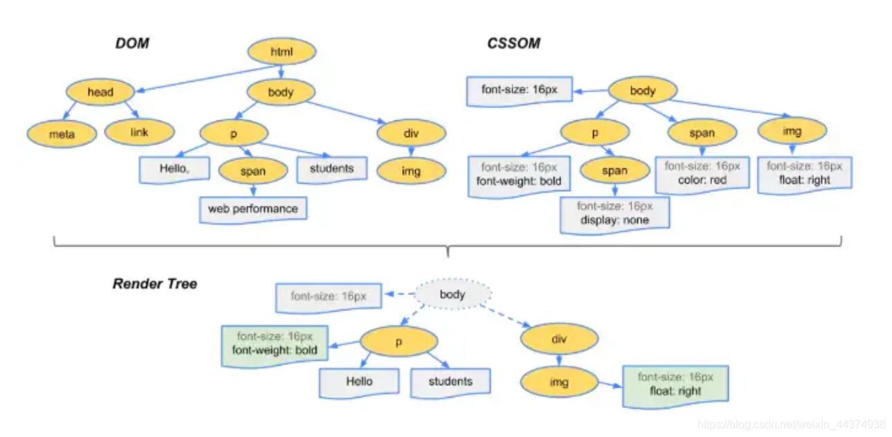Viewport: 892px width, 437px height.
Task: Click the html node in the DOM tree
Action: [x=282, y=52]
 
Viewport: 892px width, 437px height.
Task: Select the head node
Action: [x=100, y=92]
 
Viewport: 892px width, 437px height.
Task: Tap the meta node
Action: [x=62, y=133]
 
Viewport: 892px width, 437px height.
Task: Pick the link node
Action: [x=139, y=132]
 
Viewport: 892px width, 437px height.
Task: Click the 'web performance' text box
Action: [x=253, y=209]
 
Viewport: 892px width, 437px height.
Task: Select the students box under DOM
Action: [x=331, y=169]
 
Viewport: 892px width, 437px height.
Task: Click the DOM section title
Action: [x=131, y=44]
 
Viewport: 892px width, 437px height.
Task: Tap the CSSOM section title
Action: [x=513, y=44]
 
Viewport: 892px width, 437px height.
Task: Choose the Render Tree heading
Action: [x=155, y=283]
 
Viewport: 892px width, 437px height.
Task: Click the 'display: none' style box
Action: [x=615, y=213]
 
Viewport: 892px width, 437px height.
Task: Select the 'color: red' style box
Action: [x=702, y=173]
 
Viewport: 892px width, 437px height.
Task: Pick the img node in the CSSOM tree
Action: [x=792, y=130]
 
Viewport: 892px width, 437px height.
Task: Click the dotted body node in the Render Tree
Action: [x=453, y=295]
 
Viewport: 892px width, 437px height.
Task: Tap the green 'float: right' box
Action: [x=675, y=384]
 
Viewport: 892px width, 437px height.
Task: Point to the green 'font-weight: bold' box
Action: [x=275, y=344]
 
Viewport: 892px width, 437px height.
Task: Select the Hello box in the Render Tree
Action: [x=359, y=382]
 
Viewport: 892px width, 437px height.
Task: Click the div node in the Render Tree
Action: [x=558, y=339]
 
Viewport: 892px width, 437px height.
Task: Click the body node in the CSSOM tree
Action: [x=643, y=91]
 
